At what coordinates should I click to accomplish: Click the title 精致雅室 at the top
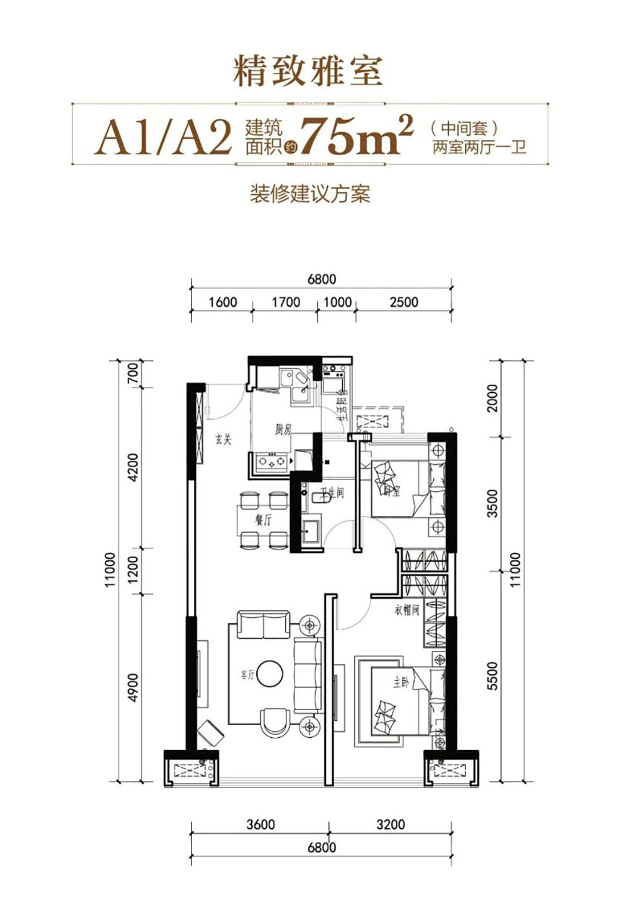308,71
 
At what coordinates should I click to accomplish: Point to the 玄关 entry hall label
223,439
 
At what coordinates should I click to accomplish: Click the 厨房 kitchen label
283,430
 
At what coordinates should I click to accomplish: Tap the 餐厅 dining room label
263,520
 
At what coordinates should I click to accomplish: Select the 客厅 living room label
247,675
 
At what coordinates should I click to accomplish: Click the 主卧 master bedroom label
400,682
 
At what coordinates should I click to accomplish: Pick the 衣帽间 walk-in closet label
406,609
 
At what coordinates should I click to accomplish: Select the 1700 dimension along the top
286,302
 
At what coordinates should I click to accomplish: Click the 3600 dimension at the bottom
260,824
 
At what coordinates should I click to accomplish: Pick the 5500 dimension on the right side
492,676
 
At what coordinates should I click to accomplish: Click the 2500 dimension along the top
403,302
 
